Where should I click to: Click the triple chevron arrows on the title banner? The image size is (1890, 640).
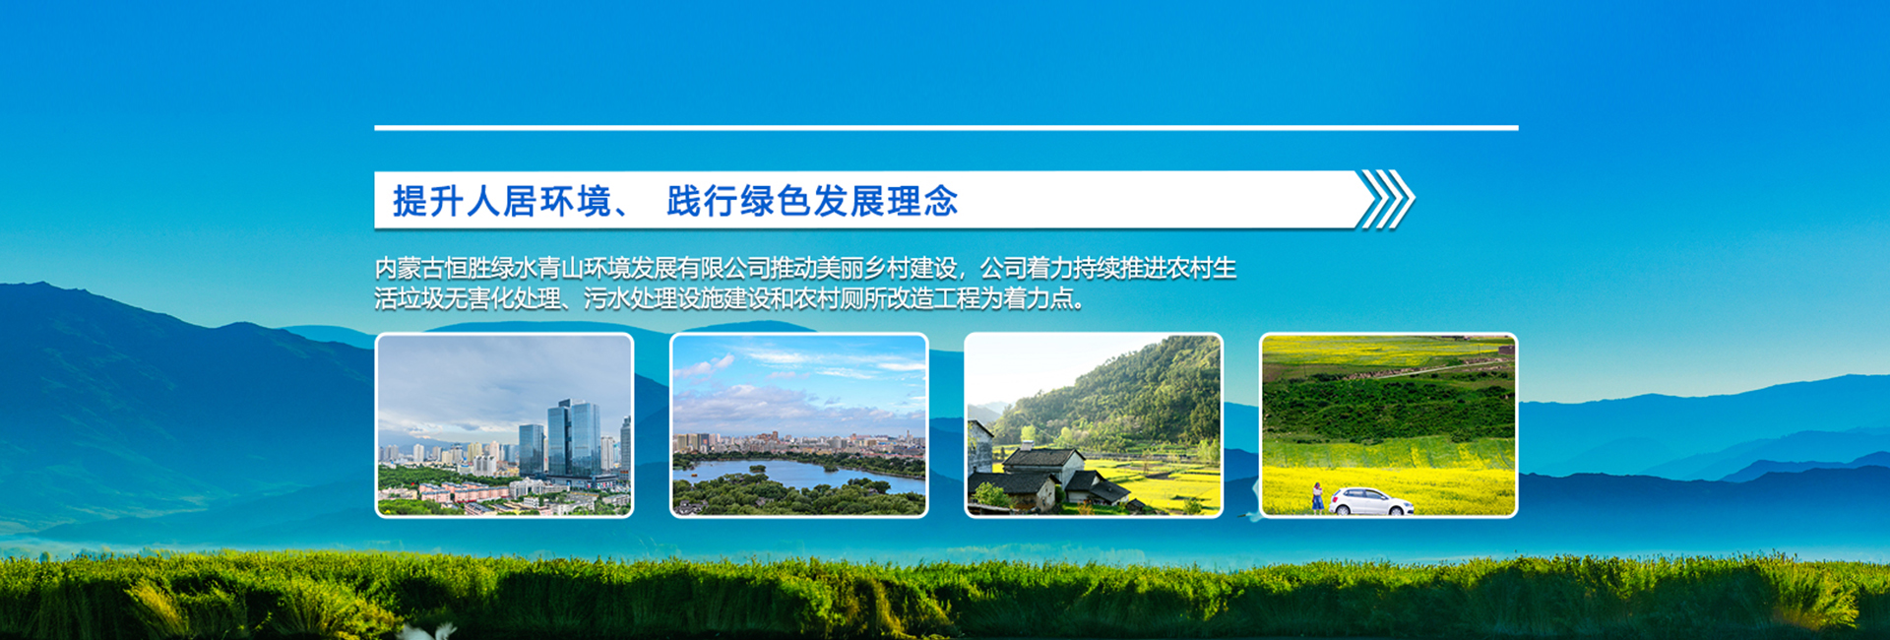[1386, 199]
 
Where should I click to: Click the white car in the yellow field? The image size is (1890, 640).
[1370, 502]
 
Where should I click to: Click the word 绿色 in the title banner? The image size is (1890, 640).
[776, 201]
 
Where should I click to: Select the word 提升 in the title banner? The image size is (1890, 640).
[429, 201]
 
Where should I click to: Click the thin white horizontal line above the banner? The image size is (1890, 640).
[945, 128]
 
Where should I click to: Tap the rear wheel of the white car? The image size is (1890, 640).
[1341, 509]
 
